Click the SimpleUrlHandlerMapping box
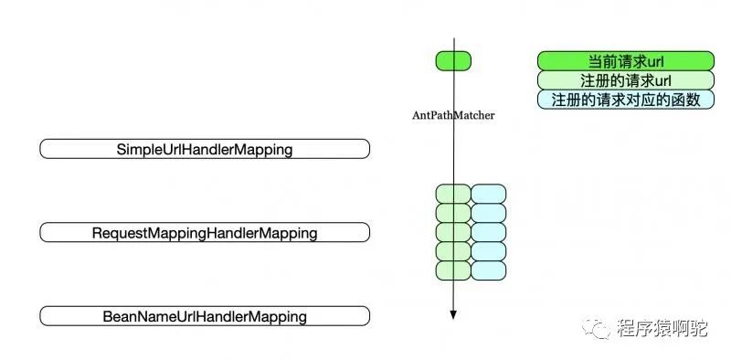205,149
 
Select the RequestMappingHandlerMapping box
205,232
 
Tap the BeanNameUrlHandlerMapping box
205,316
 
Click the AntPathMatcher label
453,115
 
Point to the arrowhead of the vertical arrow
453,315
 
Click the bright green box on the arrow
453,61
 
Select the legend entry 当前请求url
626,61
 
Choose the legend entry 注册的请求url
626,80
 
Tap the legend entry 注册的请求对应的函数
626,100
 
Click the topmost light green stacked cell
453,194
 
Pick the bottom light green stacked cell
453,270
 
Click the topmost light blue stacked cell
489,194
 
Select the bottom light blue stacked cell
489,270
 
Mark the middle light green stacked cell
453,232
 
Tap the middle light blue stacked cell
489,232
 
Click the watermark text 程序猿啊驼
662,328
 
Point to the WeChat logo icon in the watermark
596,328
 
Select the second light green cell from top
453,213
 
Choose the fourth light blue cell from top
489,251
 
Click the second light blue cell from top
489,213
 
